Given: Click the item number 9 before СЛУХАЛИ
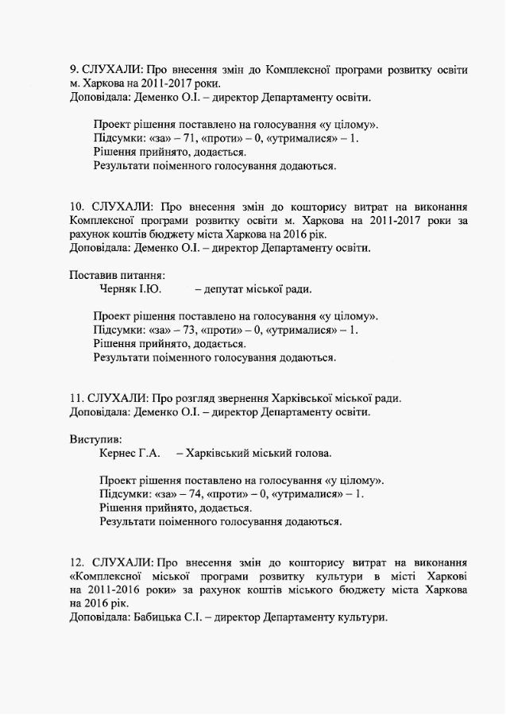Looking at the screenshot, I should (74, 70).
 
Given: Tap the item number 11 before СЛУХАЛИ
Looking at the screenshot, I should (76, 398).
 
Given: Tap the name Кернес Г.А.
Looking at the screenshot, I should (129, 453).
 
